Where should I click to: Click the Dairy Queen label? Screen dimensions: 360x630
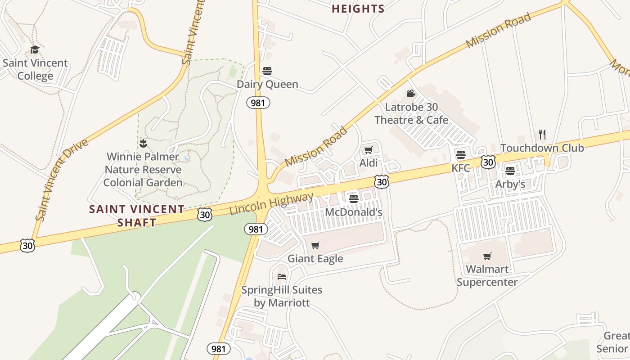[x=267, y=84]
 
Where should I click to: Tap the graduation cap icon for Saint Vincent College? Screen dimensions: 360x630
[x=35, y=49]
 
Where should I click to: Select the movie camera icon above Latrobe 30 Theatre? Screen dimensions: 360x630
[x=411, y=93]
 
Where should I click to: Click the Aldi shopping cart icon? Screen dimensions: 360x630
[x=369, y=150]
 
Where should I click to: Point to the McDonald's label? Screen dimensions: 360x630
[x=353, y=212]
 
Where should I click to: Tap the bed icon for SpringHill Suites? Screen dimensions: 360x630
[x=282, y=276]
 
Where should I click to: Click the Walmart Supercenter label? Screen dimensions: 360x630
[x=487, y=276]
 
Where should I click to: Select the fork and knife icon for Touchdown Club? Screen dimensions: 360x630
[x=542, y=134]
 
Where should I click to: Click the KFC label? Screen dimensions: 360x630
[x=461, y=168]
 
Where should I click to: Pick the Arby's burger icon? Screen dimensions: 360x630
[x=510, y=171]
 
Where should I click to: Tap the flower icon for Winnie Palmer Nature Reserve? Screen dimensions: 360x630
[x=143, y=144]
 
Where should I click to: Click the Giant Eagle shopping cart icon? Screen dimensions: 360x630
[x=315, y=245]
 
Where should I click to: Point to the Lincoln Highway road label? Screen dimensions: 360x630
[x=271, y=203]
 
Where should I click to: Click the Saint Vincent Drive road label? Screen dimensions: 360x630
[x=62, y=180]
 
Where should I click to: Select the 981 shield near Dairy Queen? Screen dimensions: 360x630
[x=258, y=103]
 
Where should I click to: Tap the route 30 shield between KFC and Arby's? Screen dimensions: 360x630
[x=488, y=162]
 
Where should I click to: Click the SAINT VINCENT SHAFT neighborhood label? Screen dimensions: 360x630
[x=137, y=216]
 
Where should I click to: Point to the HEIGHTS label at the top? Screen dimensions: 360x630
[x=358, y=9]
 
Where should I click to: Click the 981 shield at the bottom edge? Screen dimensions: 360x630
[x=219, y=349]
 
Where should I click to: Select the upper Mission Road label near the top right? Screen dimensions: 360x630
[x=498, y=31]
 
